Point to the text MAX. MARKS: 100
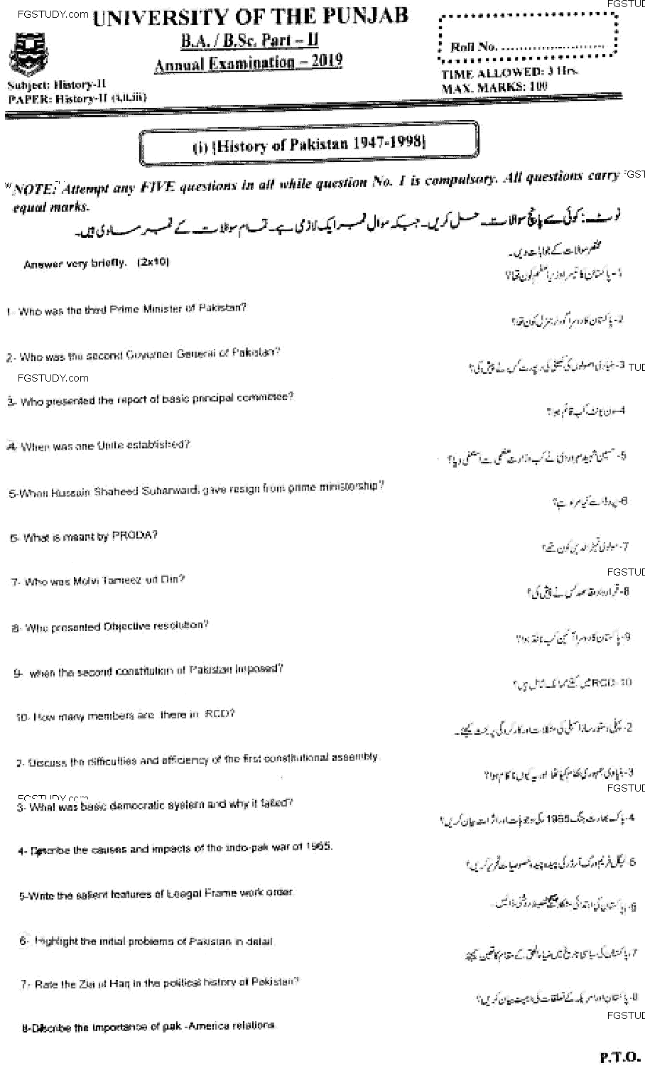click(x=494, y=88)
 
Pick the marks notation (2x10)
click(x=153, y=262)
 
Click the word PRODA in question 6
click(x=134, y=535)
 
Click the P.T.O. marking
click(x=619, y=1056)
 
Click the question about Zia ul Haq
click(x=159, y=983)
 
